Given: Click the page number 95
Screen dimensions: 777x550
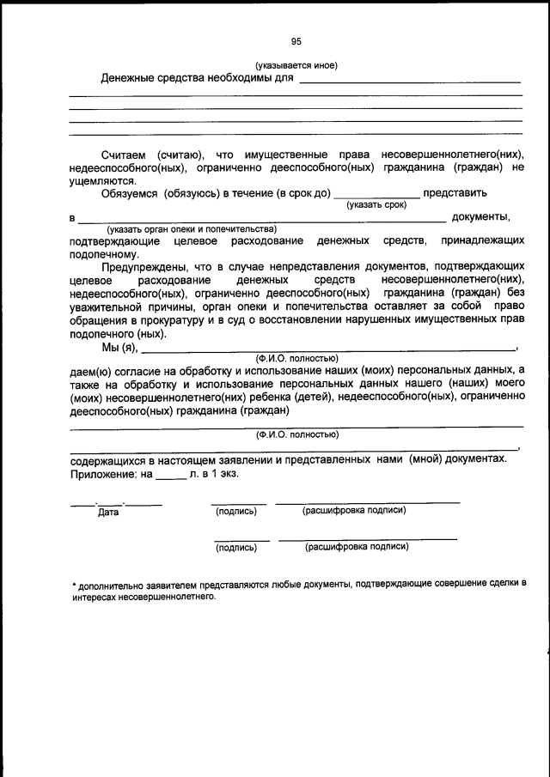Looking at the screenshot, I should point(296,41).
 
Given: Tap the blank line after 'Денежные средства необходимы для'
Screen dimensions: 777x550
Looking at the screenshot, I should point(409,80).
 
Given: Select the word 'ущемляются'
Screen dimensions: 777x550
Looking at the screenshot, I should point(101,181).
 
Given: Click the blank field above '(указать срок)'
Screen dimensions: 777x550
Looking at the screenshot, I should point(376,194).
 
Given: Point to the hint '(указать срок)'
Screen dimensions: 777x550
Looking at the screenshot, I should point(376,205).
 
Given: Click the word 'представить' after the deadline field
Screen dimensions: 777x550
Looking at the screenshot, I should point(456,193).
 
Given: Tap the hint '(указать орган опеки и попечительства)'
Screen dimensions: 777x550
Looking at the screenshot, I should point(191,230).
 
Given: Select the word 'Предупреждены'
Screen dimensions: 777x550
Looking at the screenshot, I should point(143,268).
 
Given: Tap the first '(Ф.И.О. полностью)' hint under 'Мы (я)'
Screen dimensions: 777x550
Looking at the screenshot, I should point(296,358).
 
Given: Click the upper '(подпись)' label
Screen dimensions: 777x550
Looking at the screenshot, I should point(235,512).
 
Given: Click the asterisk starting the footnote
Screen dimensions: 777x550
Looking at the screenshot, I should point(74,584).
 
